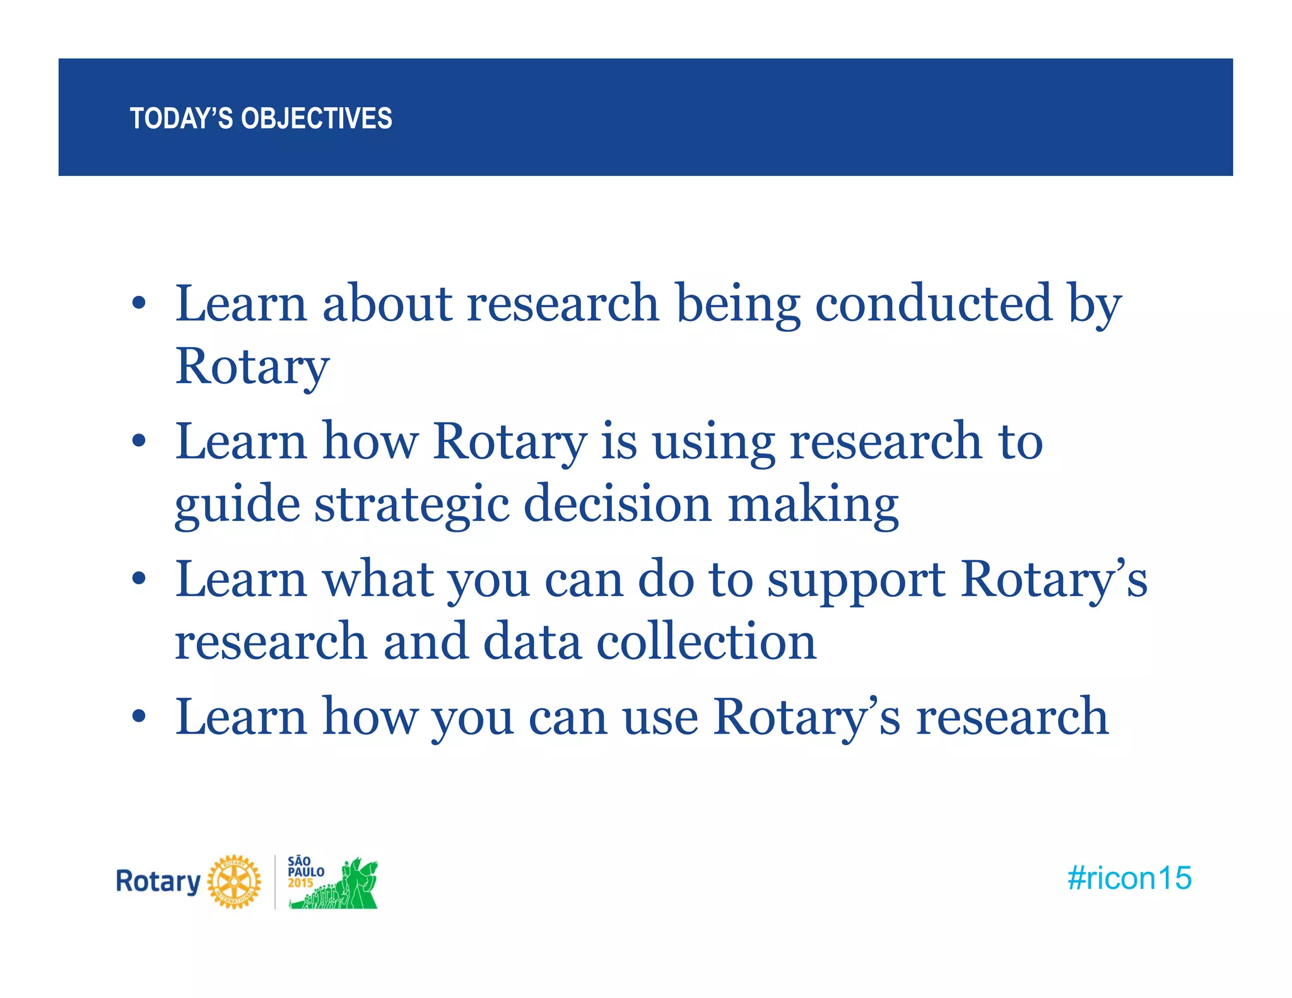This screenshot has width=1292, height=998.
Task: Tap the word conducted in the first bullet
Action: point(933,303)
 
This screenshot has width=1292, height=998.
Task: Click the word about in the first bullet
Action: point(387,303)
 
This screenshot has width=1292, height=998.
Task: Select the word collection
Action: point(706,642)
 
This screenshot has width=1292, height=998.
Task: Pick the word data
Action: point(532,642)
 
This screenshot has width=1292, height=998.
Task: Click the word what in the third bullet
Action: point(378,579)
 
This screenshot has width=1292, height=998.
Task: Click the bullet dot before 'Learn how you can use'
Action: point(139,717)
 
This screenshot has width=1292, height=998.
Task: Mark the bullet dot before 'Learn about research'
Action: point(139,304)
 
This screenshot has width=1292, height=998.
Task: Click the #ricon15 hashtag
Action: point(1129,878)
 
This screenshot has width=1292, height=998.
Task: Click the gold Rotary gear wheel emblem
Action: point(234,882)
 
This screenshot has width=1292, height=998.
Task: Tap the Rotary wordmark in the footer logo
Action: point(158,881)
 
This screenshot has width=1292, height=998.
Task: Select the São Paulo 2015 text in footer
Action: point(305,872)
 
